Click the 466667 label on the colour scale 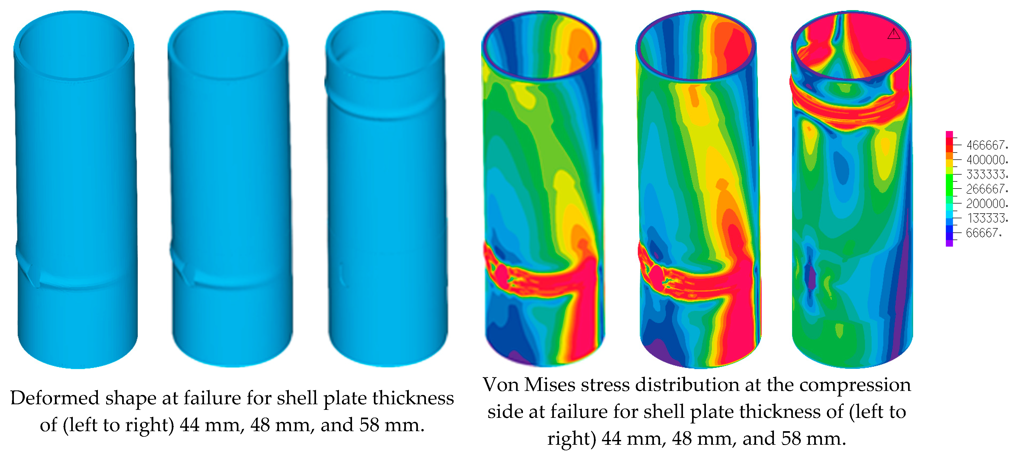[x=986, y=145]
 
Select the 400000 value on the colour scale [x=986, y=160]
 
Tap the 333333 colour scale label [x=986, y=174]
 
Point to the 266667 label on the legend [x=986, y=189]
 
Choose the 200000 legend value [x=986, y=203]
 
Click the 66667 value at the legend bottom [x=983, y=233]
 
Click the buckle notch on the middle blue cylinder [x=182, y=269]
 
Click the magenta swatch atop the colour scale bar [x=949, y=136]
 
